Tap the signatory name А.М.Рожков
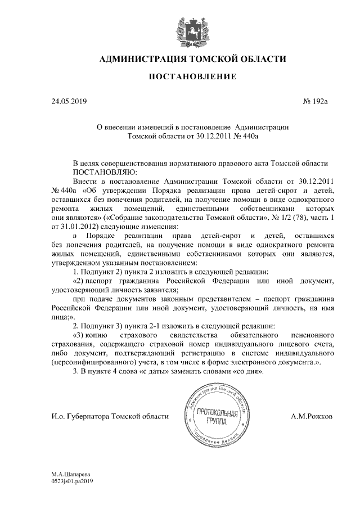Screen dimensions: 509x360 [312, 416]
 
